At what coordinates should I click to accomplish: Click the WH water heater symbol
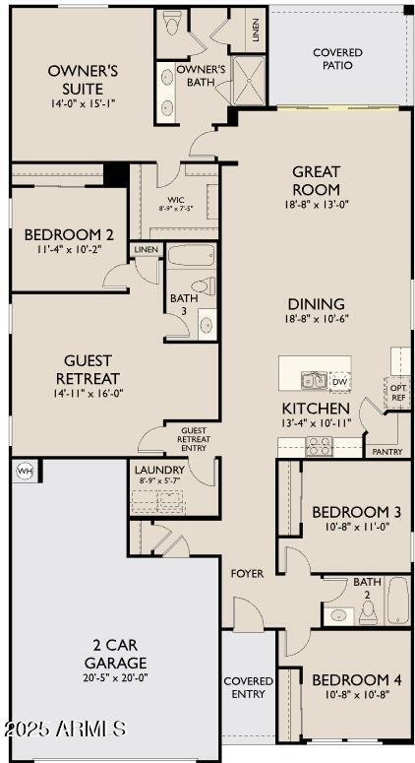click(25, 472)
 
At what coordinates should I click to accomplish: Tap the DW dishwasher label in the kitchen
click(339, 381)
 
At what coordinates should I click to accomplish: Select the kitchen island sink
click(314, 380)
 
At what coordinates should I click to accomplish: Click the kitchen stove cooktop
click(320, 446)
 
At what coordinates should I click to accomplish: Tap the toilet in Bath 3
click(203, 286)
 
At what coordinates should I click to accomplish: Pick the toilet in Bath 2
click(367, 612)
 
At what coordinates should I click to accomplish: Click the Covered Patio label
click(337, 58)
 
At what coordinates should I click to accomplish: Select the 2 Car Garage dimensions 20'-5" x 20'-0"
click(115, 678)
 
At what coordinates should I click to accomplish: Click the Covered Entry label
click(249, 686)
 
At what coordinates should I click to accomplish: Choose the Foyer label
click(247, 573)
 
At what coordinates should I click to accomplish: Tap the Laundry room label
click(159, 470)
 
